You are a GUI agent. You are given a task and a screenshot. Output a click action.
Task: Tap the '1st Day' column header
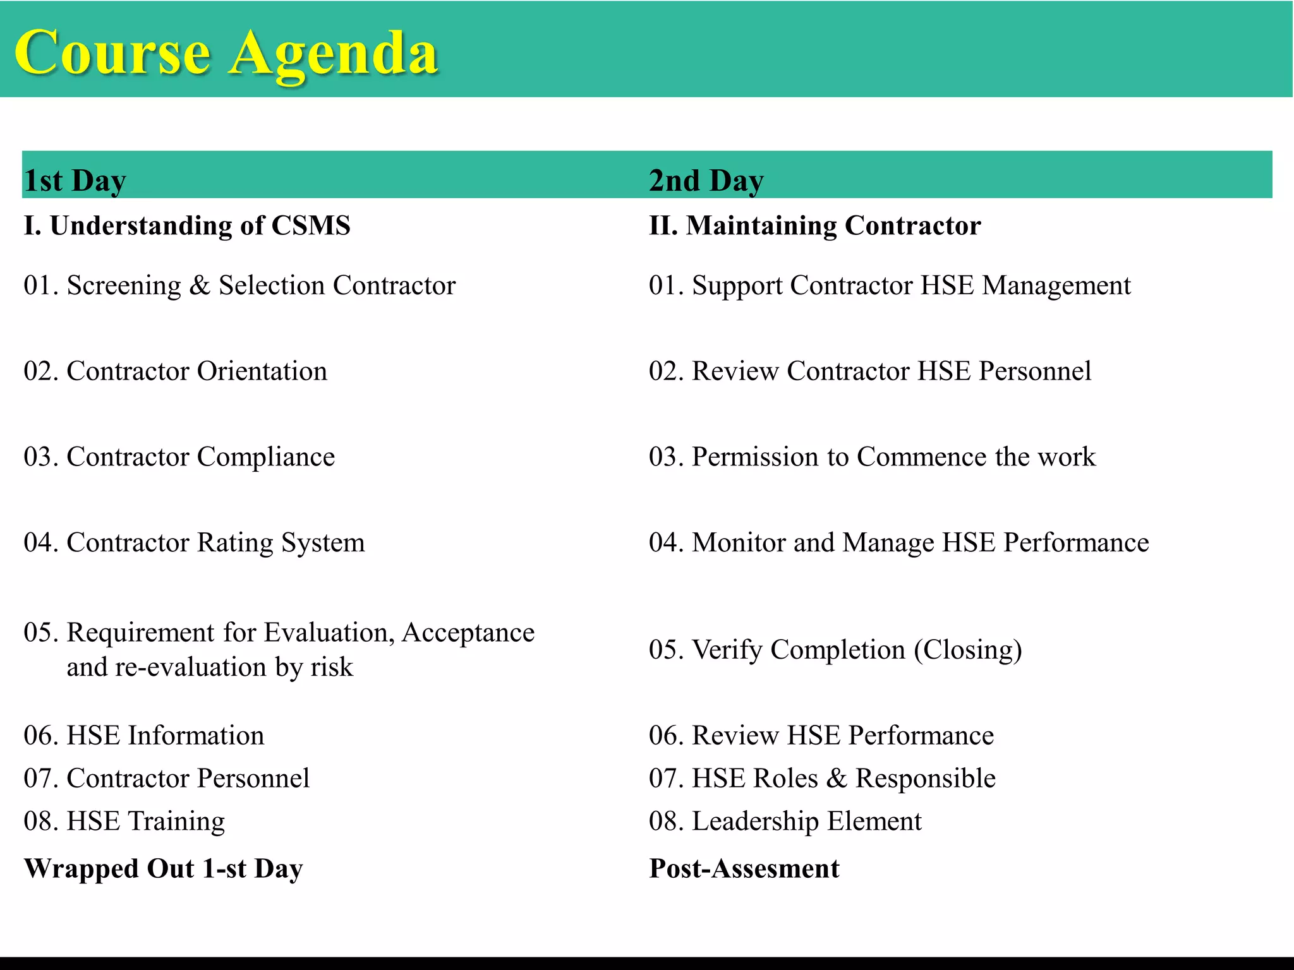[75, 181]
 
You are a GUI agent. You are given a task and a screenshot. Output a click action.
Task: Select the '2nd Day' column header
[706, 181]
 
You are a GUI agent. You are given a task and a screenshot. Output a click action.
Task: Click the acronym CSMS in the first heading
[310, 225]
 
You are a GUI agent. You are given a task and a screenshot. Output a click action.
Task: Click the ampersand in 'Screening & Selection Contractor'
[200, 285]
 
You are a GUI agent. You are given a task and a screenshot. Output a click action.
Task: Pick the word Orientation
[262, 371]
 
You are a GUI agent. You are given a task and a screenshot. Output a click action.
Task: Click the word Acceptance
[468, 633]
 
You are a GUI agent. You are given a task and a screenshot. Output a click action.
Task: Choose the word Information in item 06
[196, 735]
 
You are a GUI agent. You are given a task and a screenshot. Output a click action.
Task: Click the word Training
[177, 821]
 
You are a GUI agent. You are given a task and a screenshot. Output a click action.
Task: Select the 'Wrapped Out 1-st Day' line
[163, 868]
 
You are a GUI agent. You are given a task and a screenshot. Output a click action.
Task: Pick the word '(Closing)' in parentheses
[968, 650]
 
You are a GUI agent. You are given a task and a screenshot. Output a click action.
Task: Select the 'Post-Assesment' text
[744, 868]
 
